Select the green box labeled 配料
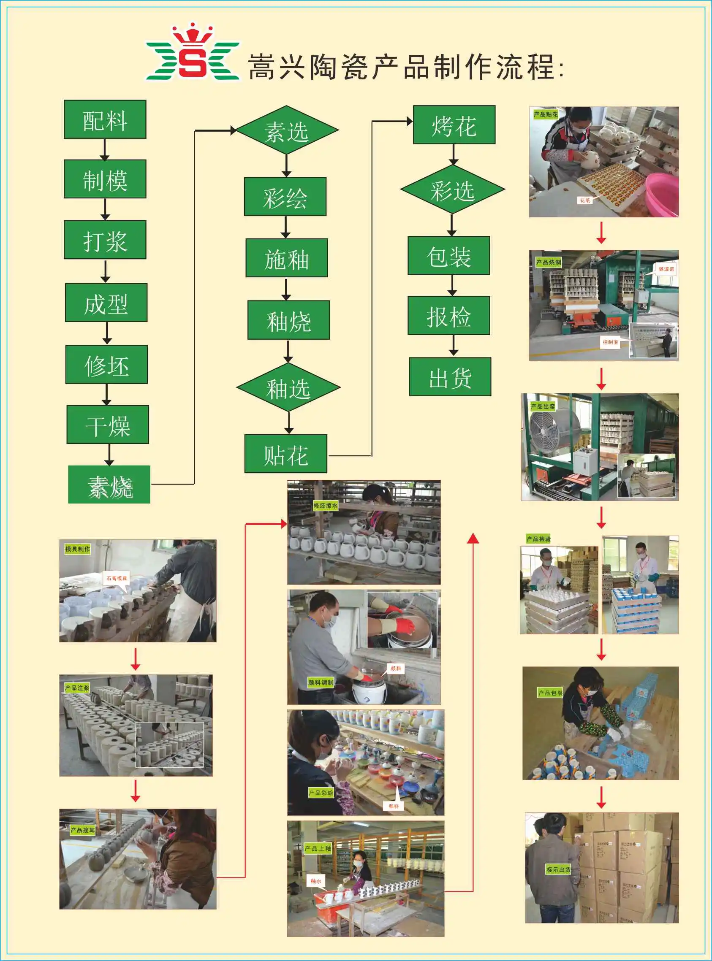(105, 119)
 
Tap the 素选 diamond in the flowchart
(287, 130)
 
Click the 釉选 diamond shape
(288, 387)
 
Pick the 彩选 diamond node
(452, 189)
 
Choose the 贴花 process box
(286, 454)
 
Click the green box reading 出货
(449, 376)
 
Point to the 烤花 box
(454, 125)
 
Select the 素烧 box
(109, 484)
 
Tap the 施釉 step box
(287, 257)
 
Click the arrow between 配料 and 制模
(105, 149)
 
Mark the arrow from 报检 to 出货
(453, 346)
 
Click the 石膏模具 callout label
(117, 578)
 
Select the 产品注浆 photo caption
(77, 688)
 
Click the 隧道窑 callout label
(666, 269)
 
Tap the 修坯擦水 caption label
(326, 506)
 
